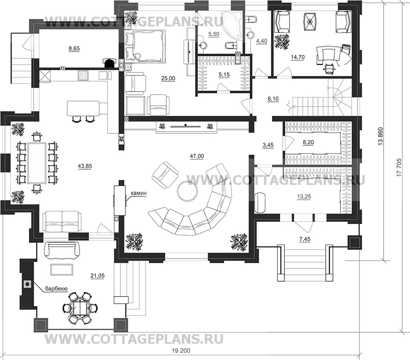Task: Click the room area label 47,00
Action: (197, 156)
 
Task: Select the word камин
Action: (139, 193)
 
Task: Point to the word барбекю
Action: (57, 288)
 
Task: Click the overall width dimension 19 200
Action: (181, 351)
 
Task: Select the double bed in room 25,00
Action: (146, 46)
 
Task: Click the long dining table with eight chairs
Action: (37, 163)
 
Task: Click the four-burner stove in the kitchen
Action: (84, 75)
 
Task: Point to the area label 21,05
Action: (97, 276)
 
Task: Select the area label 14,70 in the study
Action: (298, 57)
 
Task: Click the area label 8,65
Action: (74, 49)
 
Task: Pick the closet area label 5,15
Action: (224, 75)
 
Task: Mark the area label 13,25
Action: (304, 197)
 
